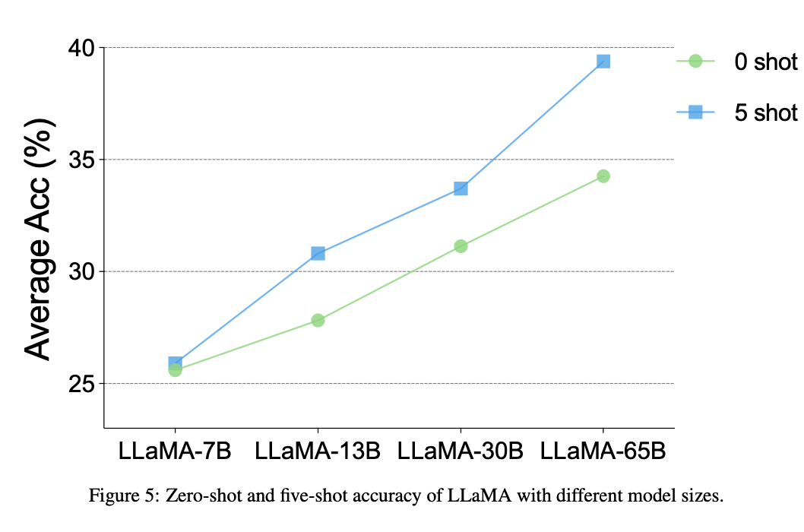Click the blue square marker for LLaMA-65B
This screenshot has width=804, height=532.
point(603,61)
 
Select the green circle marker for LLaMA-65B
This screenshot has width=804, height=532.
point(603,176)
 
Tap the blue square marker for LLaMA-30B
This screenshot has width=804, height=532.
point(461,188)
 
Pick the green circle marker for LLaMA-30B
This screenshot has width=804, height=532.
point(461,245)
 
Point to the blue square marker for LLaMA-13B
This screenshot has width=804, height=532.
point(318,252)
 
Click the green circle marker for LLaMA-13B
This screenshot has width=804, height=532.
point(318,320)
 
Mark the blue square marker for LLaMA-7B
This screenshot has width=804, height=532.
point(176,363)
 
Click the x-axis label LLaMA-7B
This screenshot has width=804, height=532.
point(175,450)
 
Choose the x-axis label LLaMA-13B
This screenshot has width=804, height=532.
point(318,450)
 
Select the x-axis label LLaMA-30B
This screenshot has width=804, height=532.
point(461,450)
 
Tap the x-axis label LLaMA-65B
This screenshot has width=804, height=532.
point(603,450)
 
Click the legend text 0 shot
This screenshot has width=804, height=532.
point(765,62)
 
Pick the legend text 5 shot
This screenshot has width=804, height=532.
point(765,113)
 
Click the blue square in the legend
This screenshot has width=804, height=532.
point(695,113)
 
